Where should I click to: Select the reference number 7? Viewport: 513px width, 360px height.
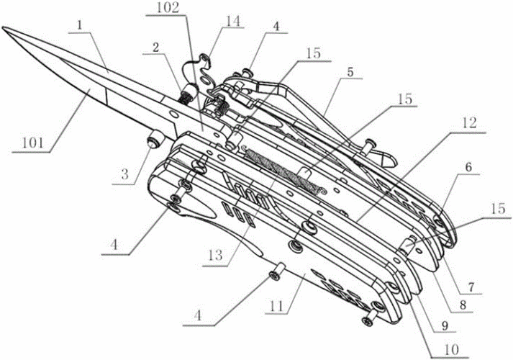471,287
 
